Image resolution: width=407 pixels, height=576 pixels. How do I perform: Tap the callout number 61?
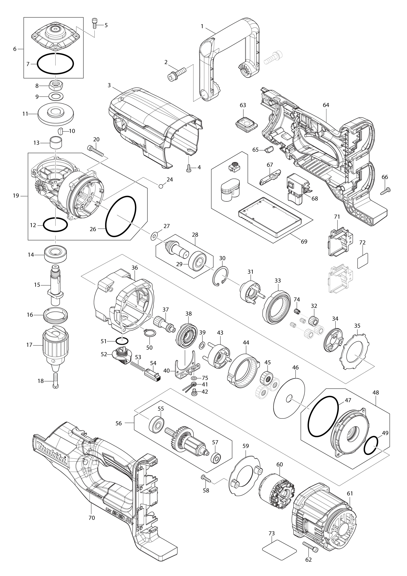click(350, 494)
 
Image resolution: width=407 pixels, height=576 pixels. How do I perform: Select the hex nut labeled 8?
click(56, 85)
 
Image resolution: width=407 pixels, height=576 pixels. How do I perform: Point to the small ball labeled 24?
click(161, 186)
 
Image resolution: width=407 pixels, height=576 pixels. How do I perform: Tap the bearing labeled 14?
click(56, 254)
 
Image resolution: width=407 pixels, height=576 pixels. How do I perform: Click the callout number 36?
click(135, 267)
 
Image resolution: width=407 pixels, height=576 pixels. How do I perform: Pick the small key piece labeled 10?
click(60, 131)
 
